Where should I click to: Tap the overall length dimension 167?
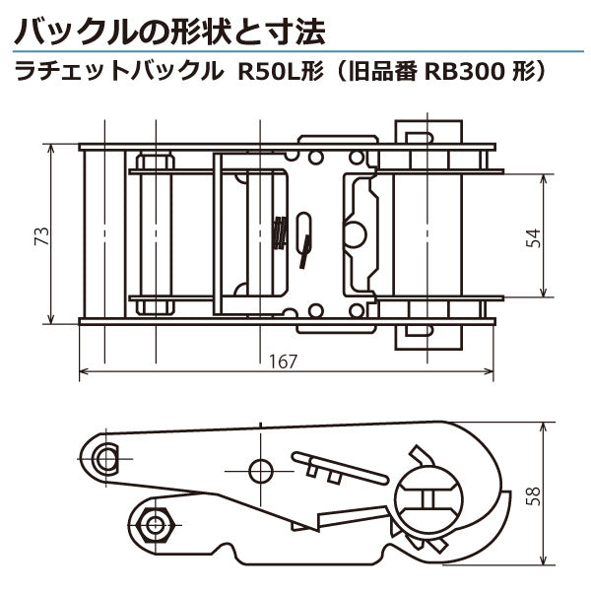pos(283,361)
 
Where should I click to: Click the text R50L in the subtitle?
pos(260,72)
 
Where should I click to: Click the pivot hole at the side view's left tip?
pos(107,455)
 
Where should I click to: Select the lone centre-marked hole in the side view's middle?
pos(261,467)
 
